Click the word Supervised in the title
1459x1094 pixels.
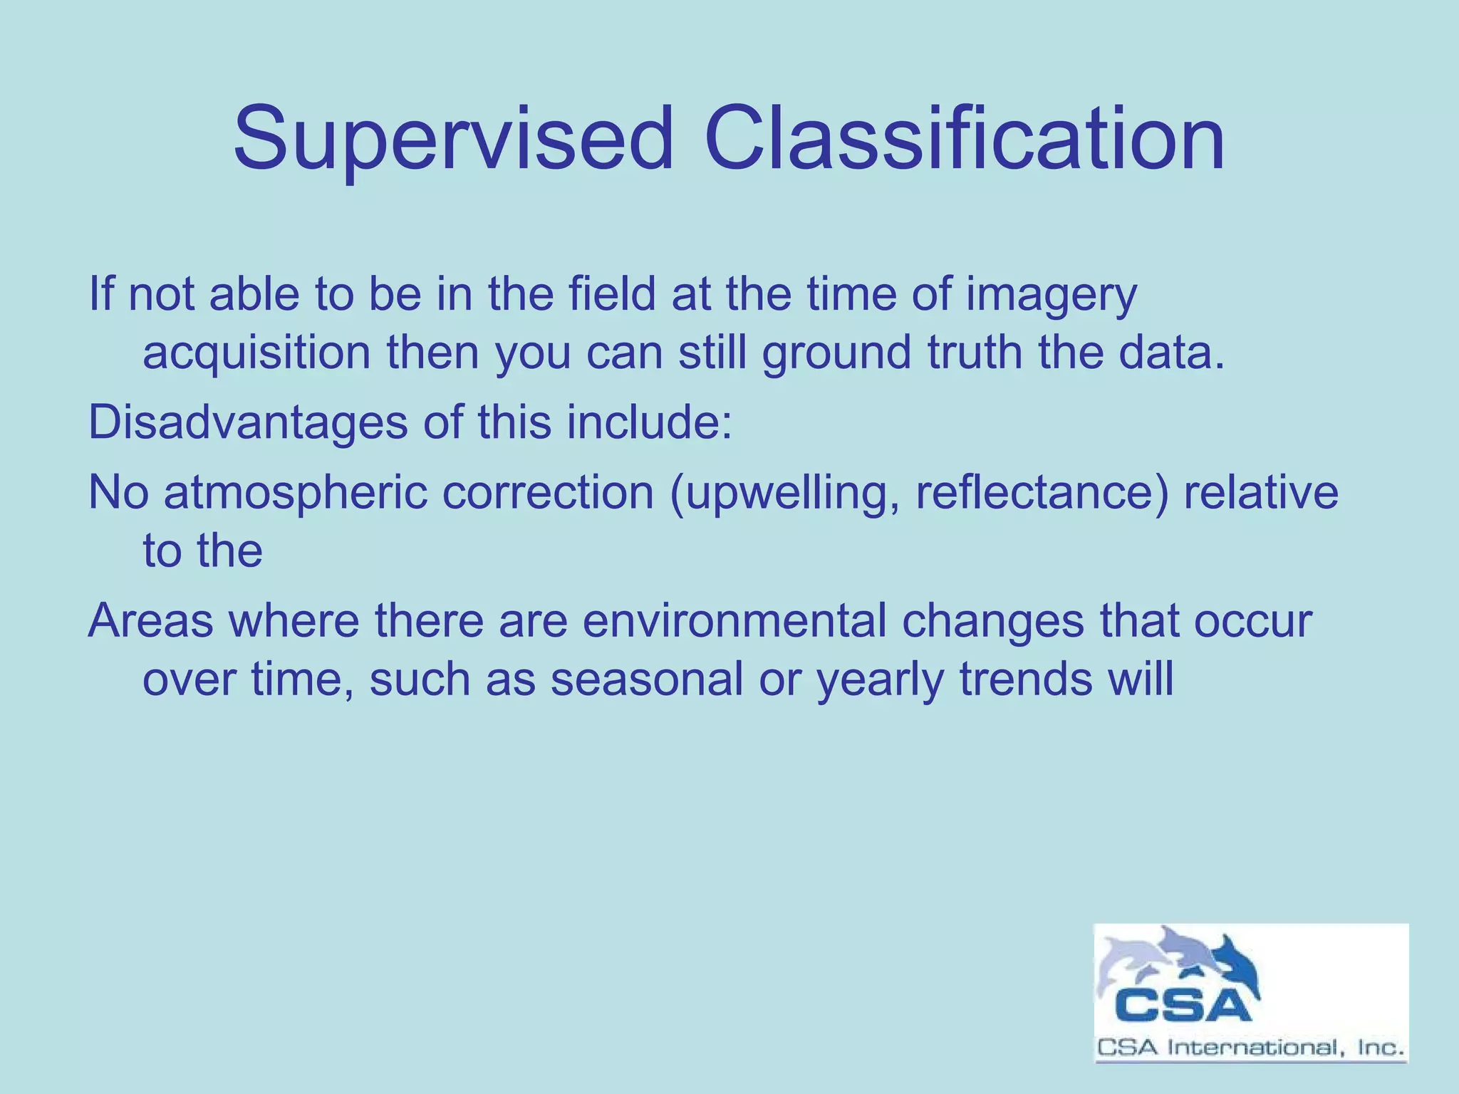[453, 139]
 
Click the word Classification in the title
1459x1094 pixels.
[965, 139]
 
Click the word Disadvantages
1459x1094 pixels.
[247, 422]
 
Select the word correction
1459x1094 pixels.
[547, 493]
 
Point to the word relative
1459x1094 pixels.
[1260, 493]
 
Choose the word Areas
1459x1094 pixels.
[150, 620]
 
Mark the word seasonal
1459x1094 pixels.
[646, 679]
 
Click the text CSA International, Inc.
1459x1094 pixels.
[1250, 1048]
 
